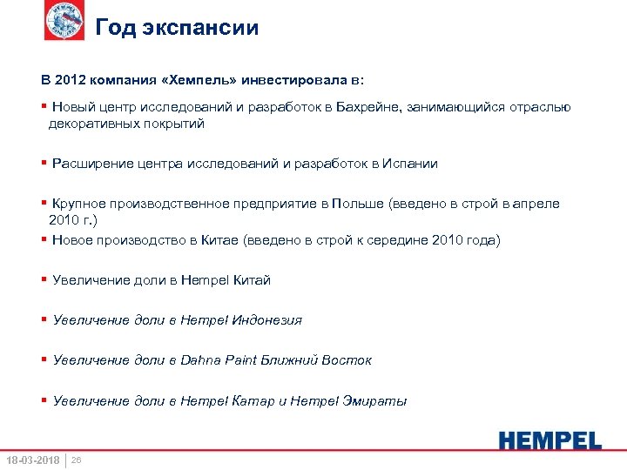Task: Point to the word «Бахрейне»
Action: coord(368,107)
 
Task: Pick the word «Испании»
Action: coord(409,163)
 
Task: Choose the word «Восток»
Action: coord(349,360)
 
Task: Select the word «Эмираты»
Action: coord(375,401)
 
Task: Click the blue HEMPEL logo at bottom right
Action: coord(550,440)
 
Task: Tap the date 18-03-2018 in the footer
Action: coord(32,460)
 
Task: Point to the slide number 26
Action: coord(76,460)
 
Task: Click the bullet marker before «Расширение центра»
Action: coord(44,163)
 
